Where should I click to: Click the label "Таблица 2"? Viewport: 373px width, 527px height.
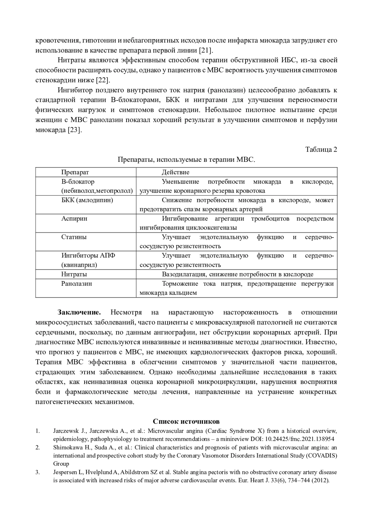tap(321, 149)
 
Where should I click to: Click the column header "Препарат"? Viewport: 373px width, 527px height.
tap(75, 172)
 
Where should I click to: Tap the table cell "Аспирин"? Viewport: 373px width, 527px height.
tap(74, 218)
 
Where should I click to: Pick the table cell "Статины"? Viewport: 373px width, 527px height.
tap(74, 237)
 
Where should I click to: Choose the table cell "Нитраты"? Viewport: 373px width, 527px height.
tap(74, 274)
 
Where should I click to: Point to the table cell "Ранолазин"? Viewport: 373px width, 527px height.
tap(76, 284)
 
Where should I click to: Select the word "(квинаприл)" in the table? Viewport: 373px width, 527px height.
tap(79, 265)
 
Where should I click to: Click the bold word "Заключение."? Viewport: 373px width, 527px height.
tap(79, 312)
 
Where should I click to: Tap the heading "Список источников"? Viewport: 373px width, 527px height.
tap(186, 421)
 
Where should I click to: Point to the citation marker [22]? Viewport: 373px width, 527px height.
tap(102, 80)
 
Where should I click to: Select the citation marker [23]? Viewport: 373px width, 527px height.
tap(75, 130)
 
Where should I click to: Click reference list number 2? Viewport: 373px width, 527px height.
tap(38, 447)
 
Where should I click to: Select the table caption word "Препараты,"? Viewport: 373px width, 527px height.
tap(136, 160)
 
